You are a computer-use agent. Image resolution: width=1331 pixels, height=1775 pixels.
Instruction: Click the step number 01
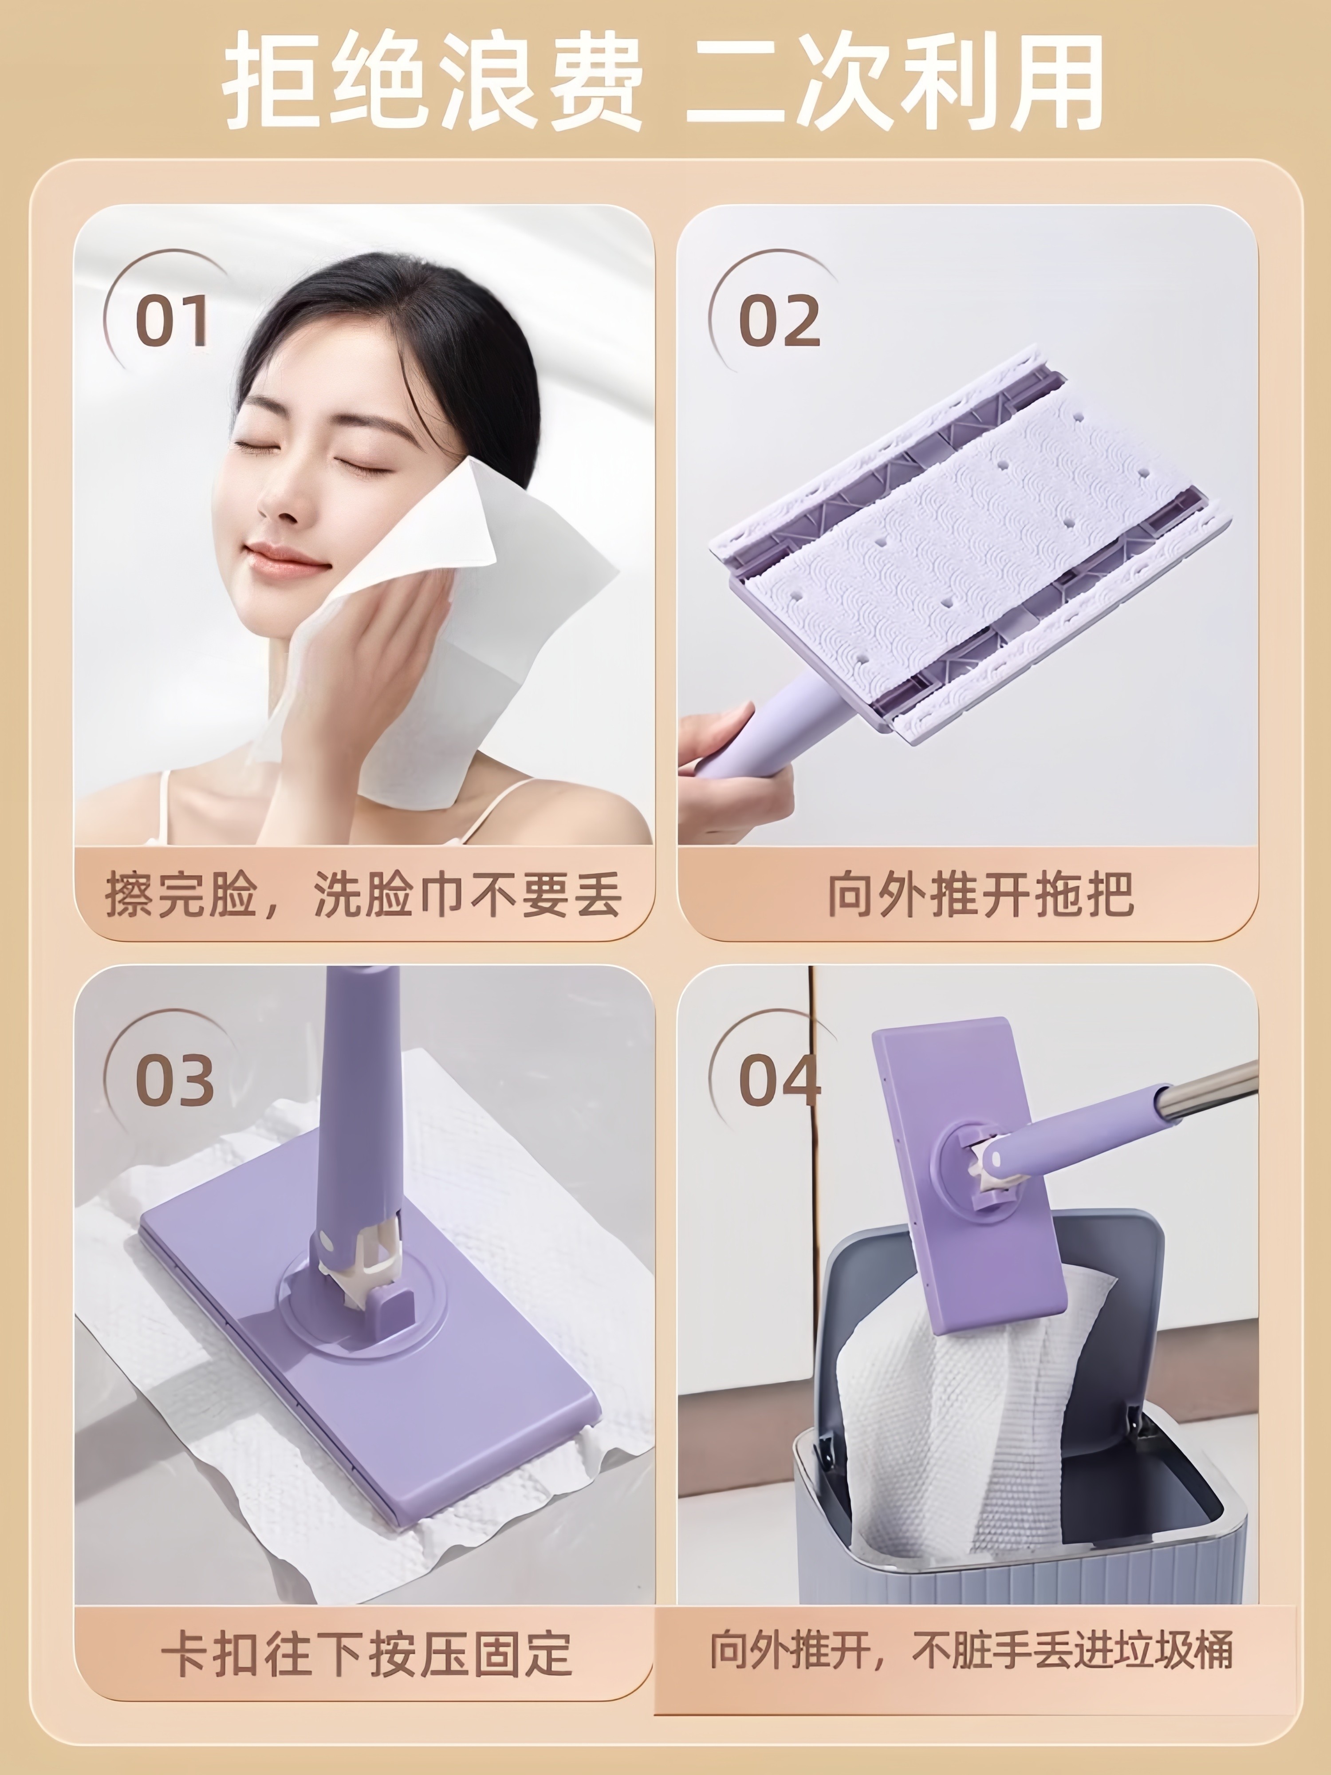(172, 320)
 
